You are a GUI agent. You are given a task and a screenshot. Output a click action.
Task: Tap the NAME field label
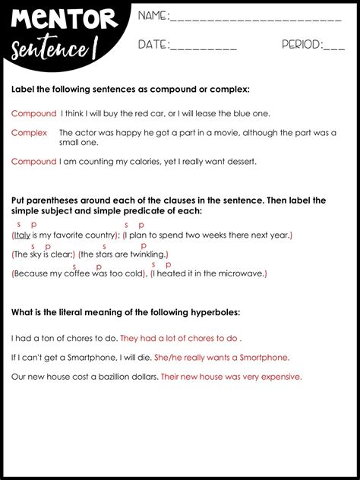click(x=152, y=16)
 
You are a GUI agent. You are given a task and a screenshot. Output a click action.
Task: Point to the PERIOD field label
click(x=301, y=45)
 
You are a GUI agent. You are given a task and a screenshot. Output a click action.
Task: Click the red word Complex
click(x=29, y=133)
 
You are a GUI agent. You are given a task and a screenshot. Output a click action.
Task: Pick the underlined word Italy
click(x=22, y=235)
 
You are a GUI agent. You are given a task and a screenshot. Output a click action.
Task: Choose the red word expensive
click(x=280, y=377)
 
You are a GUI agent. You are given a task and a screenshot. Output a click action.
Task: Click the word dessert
click(x=239, y=162)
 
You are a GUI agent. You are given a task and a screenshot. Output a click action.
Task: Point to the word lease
click(x=210, y=114)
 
